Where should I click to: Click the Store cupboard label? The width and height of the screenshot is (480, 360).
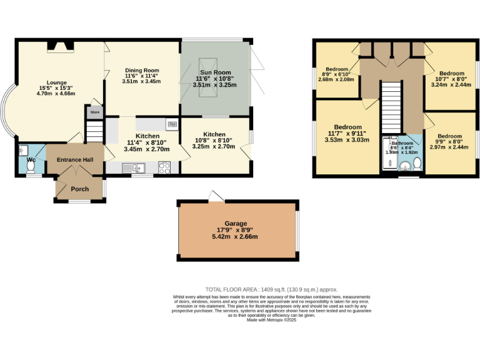94,112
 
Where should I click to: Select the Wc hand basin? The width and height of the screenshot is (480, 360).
22,150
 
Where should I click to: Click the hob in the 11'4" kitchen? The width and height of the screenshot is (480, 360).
165,167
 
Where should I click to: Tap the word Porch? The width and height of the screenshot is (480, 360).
79,189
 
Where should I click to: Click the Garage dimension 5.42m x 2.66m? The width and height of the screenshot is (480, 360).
236,237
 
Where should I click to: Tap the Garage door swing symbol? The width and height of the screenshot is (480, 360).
216,197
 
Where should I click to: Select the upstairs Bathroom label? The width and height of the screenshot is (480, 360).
402,142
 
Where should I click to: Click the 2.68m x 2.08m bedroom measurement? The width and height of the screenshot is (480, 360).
336,79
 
